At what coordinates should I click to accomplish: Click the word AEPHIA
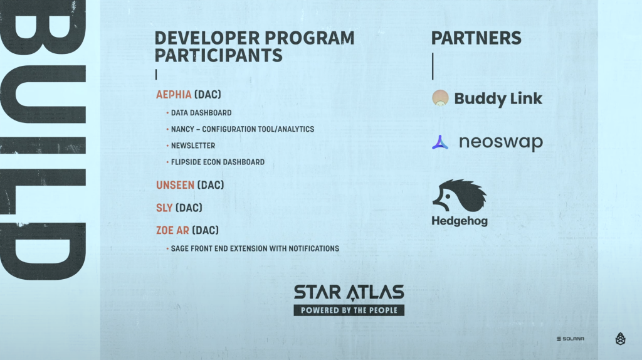[x=174, y=95]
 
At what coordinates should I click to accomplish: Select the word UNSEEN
[x=175, y=185]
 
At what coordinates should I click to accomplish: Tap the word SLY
[x=164, y=208]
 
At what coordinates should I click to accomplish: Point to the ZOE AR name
[x=172, y=230]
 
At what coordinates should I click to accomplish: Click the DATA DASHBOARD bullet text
[x=201, y=113]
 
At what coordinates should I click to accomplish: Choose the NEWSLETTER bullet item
[x=193, y=146]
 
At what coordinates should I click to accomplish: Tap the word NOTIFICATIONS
[x=312, y=248]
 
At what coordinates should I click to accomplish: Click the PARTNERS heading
[x=476, y=38]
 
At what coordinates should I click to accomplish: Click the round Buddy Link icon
[x=440, y=98]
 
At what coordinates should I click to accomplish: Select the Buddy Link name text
[x=498, y=98]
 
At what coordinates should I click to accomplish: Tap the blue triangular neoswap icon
[x=440, y=142]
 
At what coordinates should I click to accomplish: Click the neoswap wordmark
[x=500, y=142]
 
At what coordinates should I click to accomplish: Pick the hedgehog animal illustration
[x=460, y=195]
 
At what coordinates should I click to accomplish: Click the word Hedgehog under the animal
[x=460, y=221]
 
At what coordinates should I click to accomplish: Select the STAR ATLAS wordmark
[x=349, y=292]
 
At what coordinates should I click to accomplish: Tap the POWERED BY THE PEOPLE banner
[x=349, y=310]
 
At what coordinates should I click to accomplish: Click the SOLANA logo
[x=570, y=339]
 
